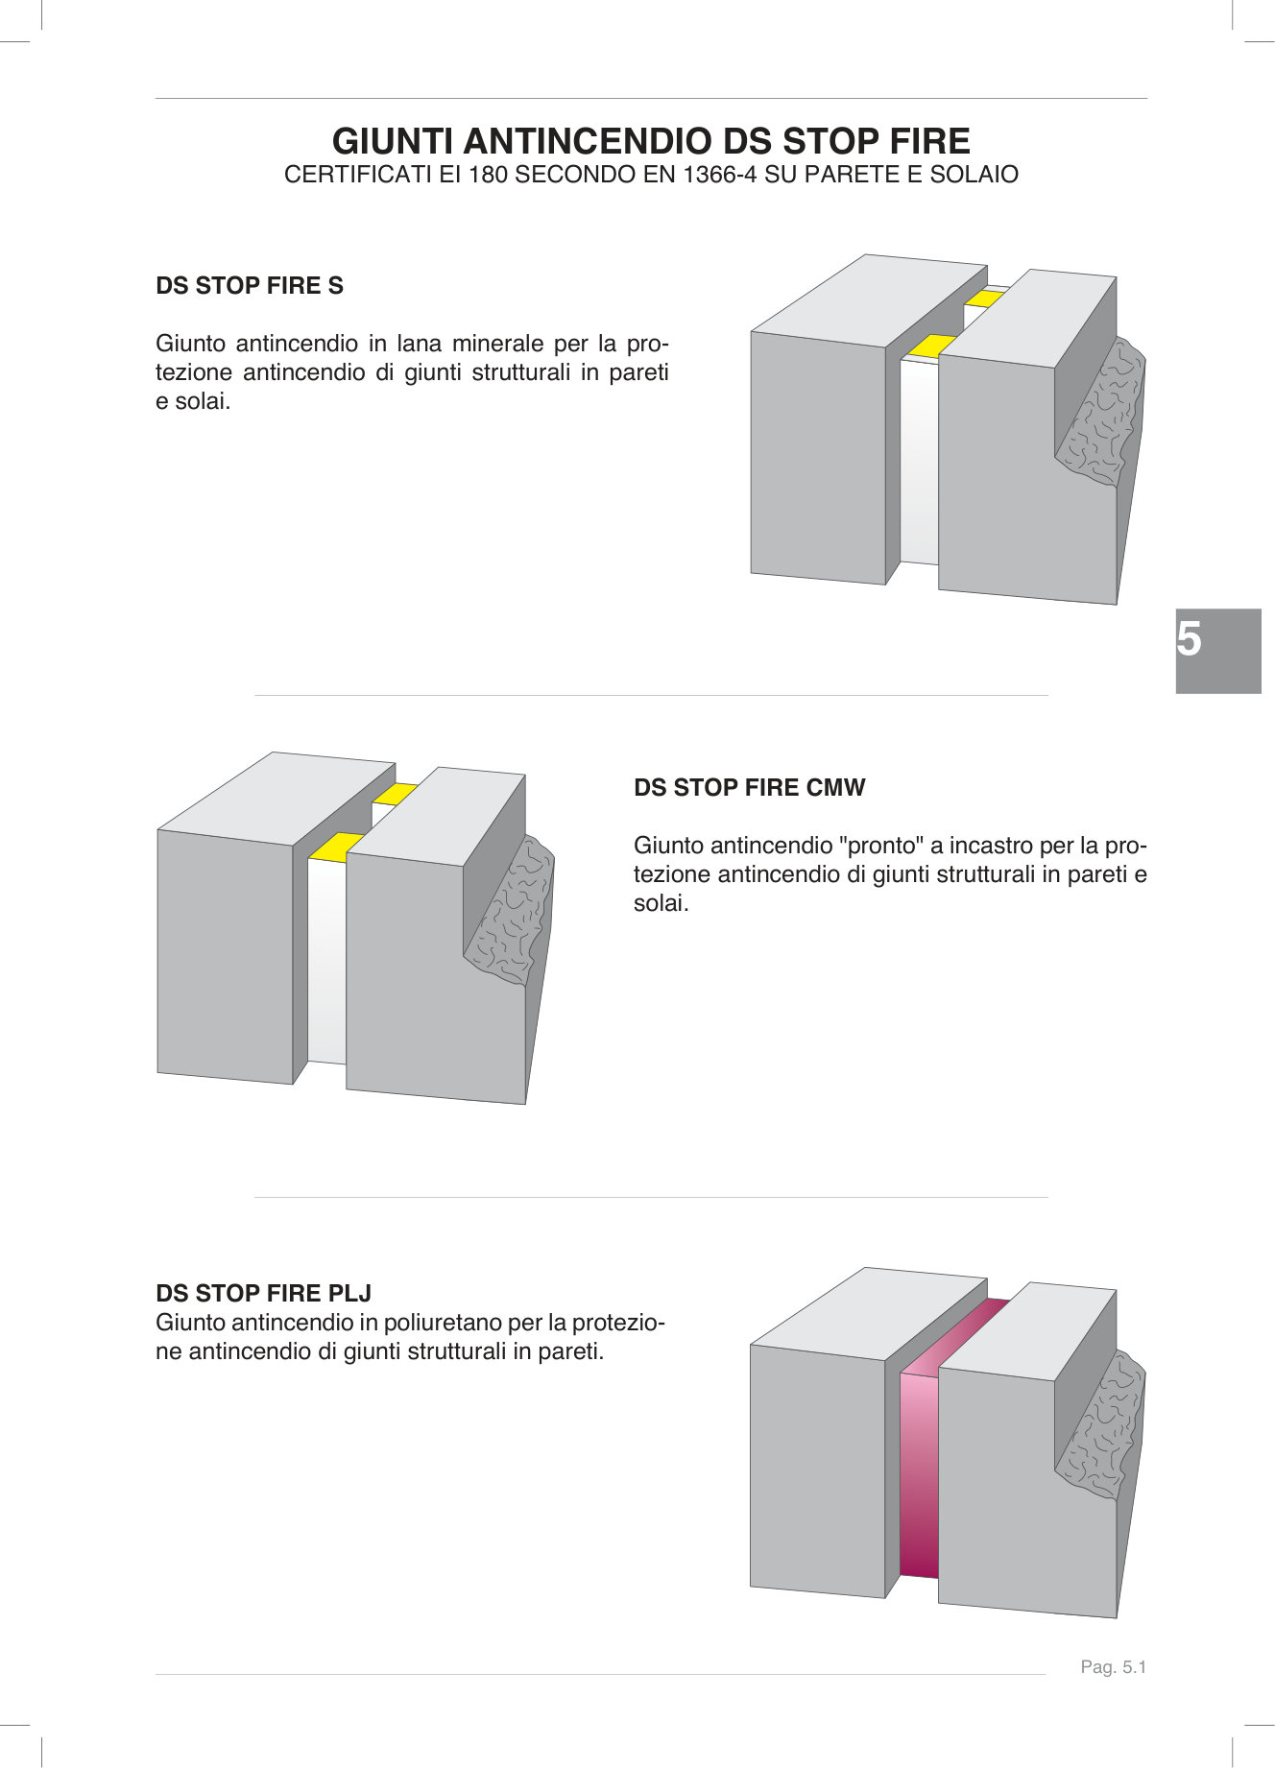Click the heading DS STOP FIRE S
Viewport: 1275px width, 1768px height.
click(x=250, y=286)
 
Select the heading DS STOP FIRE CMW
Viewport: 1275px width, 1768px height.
click(x=750, y=788)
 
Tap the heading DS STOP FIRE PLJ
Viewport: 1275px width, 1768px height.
click(x=264, y=1293)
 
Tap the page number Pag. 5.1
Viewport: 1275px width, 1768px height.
click(x=1114, y=1667)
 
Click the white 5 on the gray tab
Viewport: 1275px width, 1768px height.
click(x=1190, y=639)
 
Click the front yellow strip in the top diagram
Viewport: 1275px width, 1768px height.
click(x=932, y=346)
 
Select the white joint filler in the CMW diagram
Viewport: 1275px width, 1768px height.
click(x=326, y=960)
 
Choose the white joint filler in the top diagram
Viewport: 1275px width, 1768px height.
click(x=919, y=461)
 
